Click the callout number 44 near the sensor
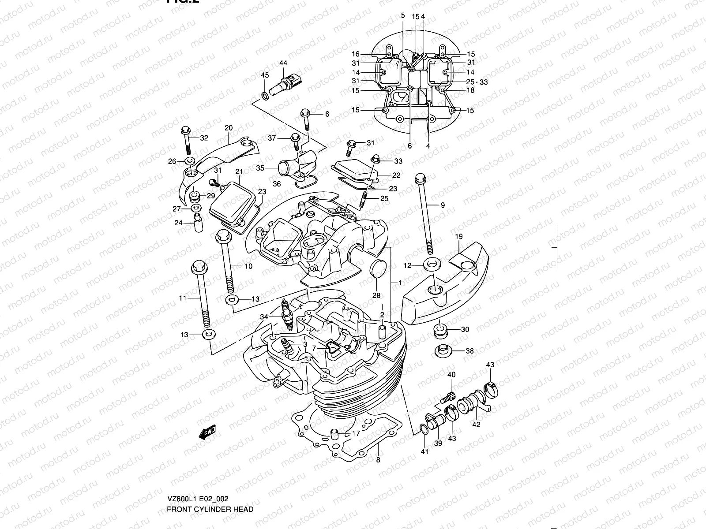(283, 63)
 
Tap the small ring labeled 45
(264, 96)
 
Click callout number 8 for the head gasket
(378, 460)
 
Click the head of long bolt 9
(419, 179)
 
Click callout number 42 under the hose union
(476, 425)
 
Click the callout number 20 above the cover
(229, 128)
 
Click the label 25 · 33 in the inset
(477, 82)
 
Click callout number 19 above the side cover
(458, 237)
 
